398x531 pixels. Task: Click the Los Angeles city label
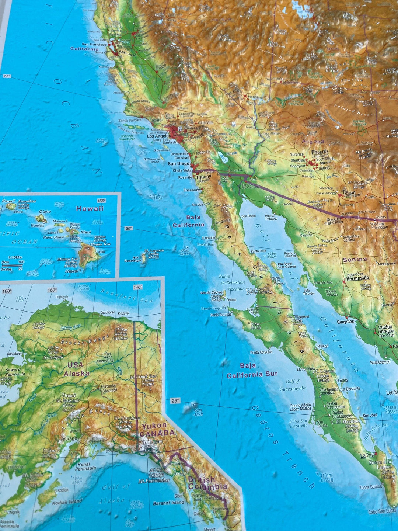click(x=159, y=136)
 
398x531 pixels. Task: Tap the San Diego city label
click(x=178, y=164)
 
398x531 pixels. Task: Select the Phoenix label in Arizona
click(x=320, y=152)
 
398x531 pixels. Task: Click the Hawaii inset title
click(x=90, y=208)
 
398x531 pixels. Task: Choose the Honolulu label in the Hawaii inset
click(x=38, y=225)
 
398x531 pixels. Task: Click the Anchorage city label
click(x=66, y=439)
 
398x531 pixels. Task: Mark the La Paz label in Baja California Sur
click(x=367, y=456)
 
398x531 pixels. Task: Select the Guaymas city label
click(x=345, y=322)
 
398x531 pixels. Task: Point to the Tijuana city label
click(x=203, y=176)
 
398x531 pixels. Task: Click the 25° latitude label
click(x=175, y=400)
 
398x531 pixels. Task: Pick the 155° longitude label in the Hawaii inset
click(x=101, y=201)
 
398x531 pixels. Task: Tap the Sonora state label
click(x=355, y=260)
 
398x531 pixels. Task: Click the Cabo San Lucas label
click(x=382, y=512)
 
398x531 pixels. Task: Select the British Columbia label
click(x=207, y=483)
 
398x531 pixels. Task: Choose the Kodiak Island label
click(x=67, y=502)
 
